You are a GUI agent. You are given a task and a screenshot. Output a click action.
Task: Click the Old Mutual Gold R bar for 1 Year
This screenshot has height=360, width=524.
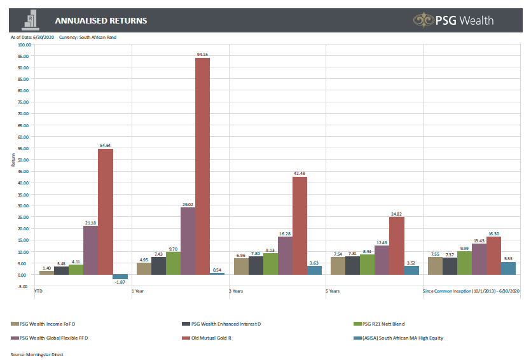(x=202, y=165)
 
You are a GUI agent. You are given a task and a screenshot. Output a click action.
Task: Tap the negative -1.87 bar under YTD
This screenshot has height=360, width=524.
(x=120, y=277)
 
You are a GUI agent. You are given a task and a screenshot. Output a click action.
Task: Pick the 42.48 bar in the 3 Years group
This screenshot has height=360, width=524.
(x=300, y=225)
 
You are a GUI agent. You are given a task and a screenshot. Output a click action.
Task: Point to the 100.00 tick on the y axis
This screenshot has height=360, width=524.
(x=25, y=45)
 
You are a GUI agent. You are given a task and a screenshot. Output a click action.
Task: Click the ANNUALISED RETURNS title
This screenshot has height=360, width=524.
(x=101, y=21)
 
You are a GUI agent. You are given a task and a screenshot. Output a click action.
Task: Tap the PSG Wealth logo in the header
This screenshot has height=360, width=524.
(x=453, y=20)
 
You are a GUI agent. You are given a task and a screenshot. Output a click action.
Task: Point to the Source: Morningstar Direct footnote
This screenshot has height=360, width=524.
(x=37, y=354)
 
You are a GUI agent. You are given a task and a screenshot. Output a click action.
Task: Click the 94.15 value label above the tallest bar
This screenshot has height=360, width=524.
(x=202, y=55)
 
